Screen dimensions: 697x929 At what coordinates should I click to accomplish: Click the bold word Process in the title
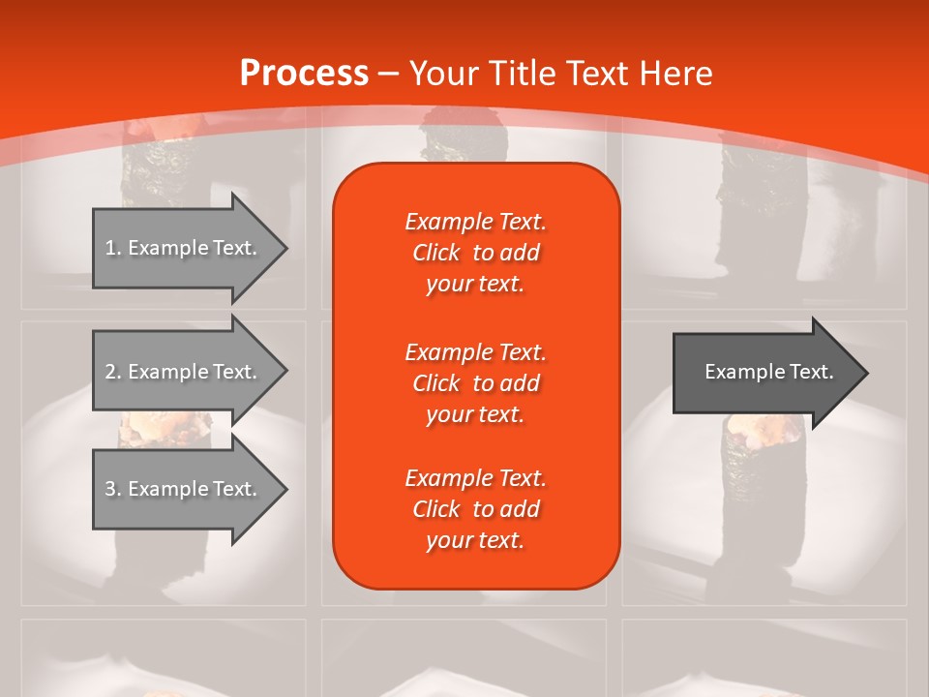coord(303,74)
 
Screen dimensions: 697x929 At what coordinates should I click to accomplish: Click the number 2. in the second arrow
coord(112,372)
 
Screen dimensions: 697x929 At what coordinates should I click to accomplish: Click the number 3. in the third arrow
coord(112,489)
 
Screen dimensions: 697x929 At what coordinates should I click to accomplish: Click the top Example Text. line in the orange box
coord(475,222)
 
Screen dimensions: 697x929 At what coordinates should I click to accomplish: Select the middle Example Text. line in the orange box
coord(475,351)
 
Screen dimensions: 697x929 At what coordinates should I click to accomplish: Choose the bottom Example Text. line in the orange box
coord(475,478)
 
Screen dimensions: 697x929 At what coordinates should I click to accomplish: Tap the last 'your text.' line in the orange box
coord(475,541)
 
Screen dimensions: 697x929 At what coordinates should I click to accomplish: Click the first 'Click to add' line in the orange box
coord(475,253)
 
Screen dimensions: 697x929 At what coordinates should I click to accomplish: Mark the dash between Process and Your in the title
coord(388,74)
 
